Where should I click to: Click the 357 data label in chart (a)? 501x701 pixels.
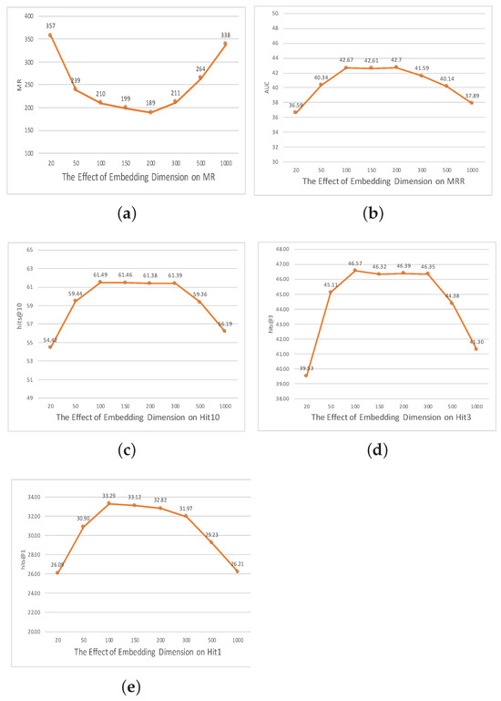tap(50, 26)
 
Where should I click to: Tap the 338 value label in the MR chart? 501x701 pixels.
tap(225, 35)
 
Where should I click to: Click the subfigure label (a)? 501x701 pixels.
tap(128, 213)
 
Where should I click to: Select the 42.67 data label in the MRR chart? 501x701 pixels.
tap(345, 59)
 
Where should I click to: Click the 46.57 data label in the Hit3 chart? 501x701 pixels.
tap(355, 263)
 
